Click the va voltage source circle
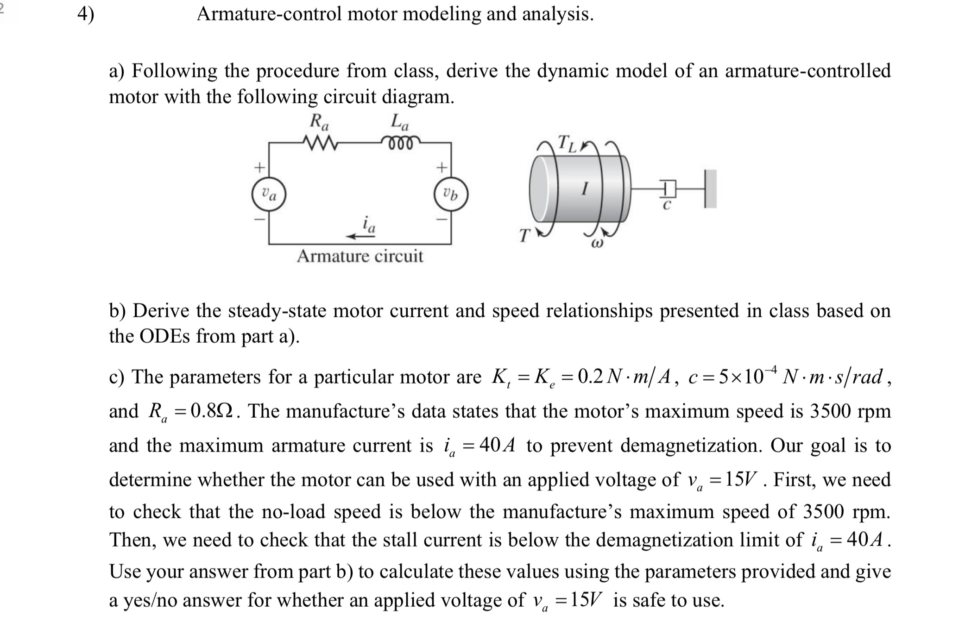pos(269,195)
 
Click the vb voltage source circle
pos(451,195)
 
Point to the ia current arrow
pos(361,236)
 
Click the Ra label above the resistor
pos(319,122)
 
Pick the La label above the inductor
pos(400,122)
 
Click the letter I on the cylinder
pos(586,189)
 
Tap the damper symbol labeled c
pos(666,189)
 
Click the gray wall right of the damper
pos(711,189)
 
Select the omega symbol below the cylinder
pos(598,243)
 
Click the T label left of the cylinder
pos(523,235)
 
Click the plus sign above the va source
pos(260,166)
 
